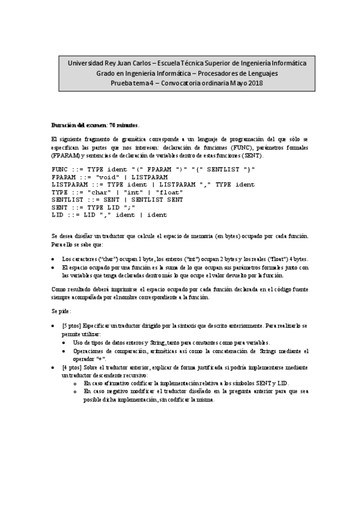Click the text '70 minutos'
click(x=123, y=125)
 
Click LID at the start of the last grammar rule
click(x=58, y=215)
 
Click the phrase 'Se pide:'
click(x=61, y=312)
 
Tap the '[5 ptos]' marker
click(x=72, y=325)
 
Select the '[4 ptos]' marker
click(x=72, y=366)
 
